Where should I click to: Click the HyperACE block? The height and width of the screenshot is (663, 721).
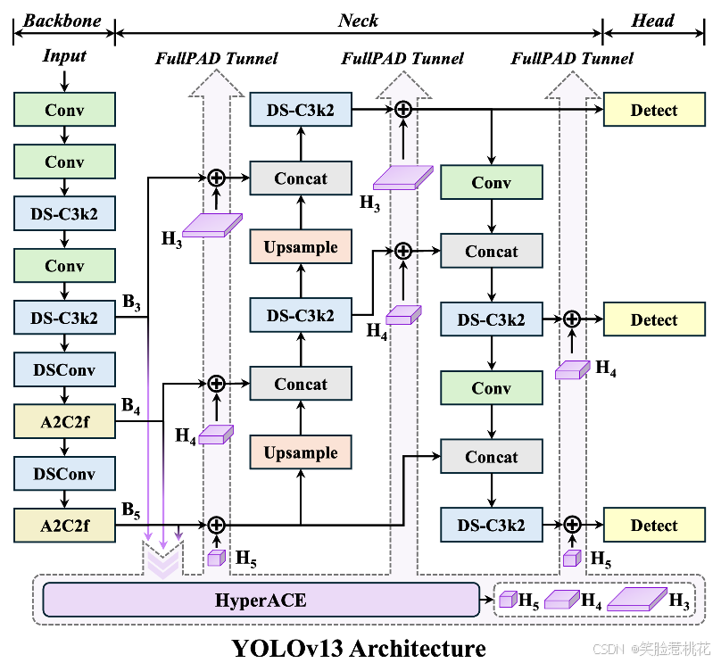(x=261, y=601)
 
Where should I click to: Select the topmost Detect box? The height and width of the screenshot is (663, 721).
(x=654, y=111)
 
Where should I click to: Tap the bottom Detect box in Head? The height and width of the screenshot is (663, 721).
(x=654, y=526)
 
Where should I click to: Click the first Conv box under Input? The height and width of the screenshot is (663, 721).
(x=64, y=111)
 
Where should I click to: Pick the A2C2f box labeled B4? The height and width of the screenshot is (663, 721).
(x=64, y=420)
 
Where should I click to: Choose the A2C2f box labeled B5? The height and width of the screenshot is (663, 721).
(x=64, y=526)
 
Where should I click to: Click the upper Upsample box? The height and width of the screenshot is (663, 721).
(x=301, y=247)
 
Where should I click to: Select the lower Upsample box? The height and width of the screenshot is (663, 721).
(x=301, y=452)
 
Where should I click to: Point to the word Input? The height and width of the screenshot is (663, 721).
(x=64, y=56)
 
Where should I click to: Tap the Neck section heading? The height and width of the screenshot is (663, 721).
(x=358, y=20)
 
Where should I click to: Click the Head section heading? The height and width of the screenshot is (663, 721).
(x=652, y=20)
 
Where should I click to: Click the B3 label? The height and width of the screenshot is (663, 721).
(x=131, y=303)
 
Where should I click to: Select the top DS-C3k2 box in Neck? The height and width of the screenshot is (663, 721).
(x=301, y=111)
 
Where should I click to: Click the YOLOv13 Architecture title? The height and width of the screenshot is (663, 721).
(x=359, y=646)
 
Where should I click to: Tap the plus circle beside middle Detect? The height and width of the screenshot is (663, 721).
(x=571, y=319)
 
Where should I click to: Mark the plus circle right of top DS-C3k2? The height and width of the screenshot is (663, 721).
(x=402, y=109)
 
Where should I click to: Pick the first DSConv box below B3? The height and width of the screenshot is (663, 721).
(x=64, y=369)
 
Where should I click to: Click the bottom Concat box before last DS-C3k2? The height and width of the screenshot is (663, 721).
(x=491, y=457)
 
